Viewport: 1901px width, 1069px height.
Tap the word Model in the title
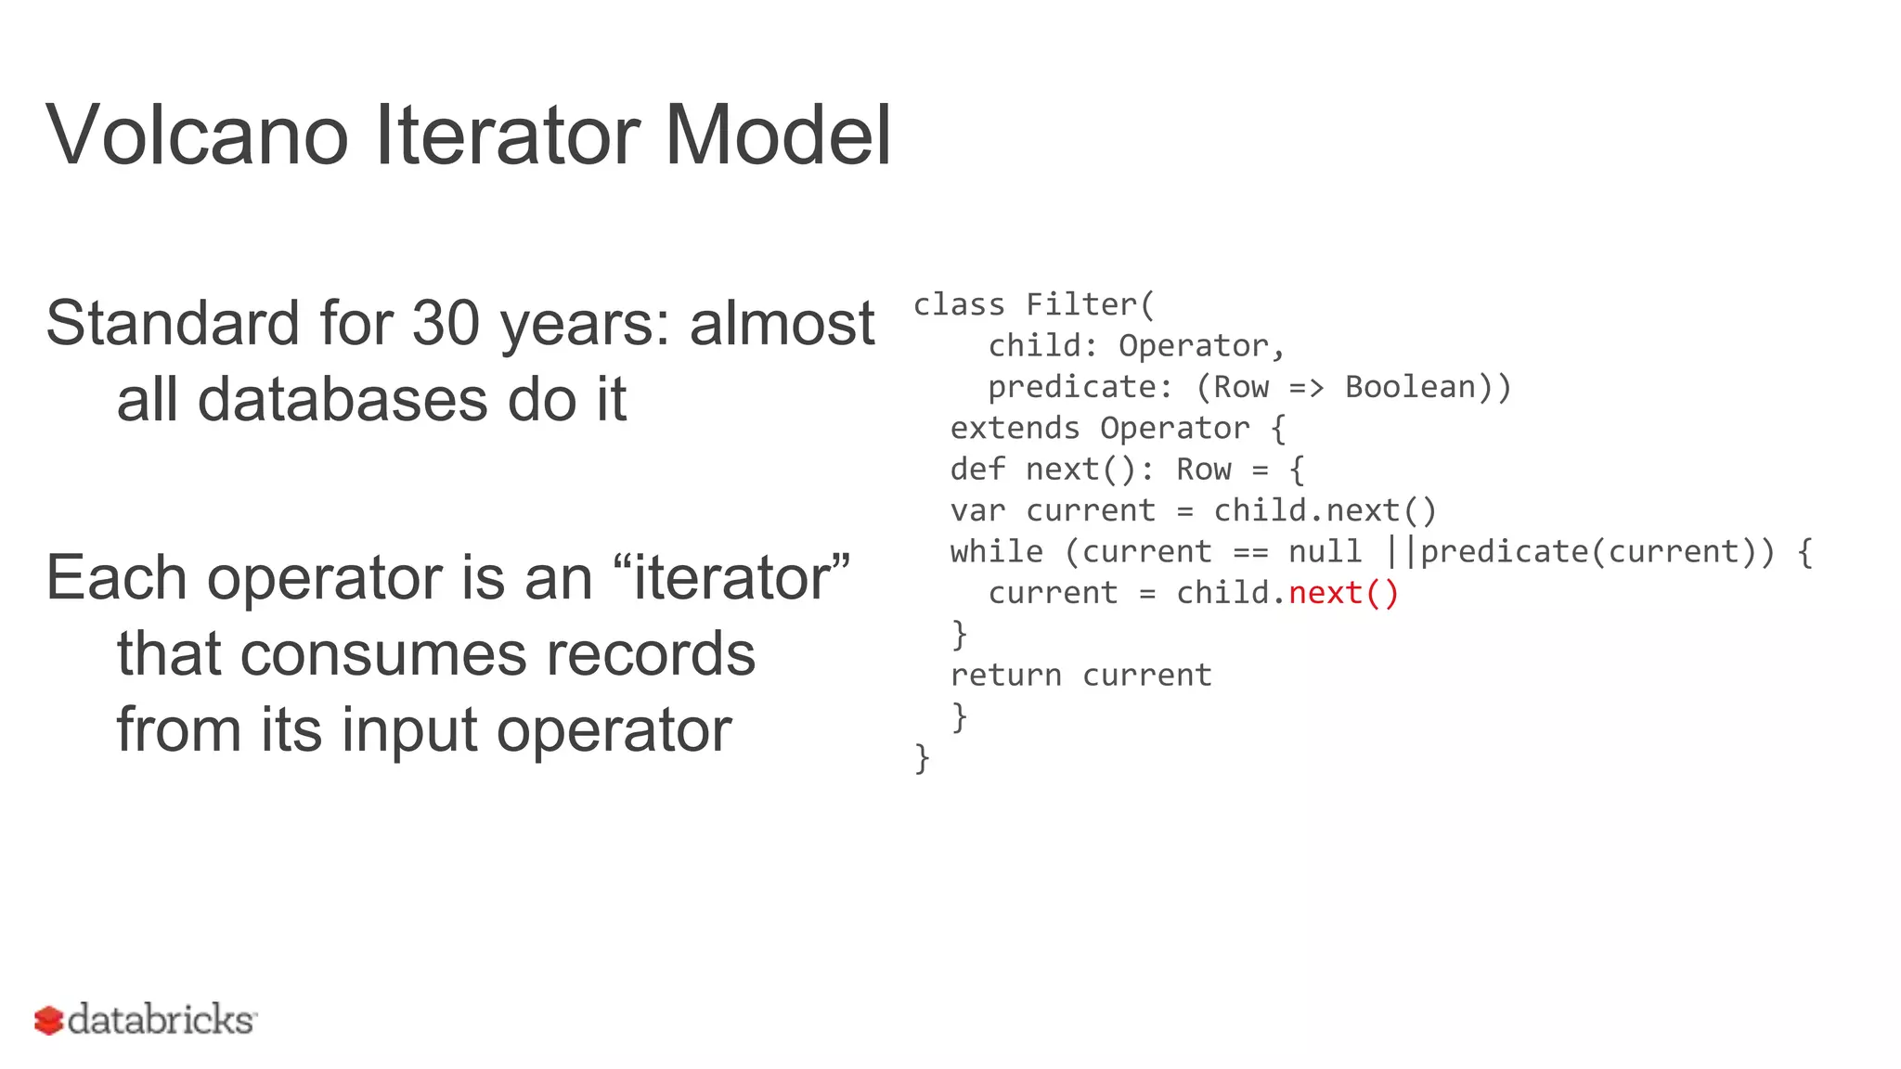pyautogui.click(x=777, y=135)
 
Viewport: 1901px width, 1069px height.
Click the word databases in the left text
pyautogui.click(x=343, y=400)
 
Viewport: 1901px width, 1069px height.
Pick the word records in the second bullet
pyautogui.click(x=650, y=653)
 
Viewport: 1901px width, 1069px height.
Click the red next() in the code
pyautogui.click(x=1343, y=593)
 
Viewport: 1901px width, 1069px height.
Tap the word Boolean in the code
pyautogui.click(x=1410, y=387)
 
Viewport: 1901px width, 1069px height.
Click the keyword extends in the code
pyautogui.click(x=1015, y=429)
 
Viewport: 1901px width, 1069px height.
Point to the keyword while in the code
pyautogui.click(x=996, y=552)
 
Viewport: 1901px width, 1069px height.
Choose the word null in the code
pyautogui.click(x=1325, y=552)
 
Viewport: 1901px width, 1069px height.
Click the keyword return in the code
pyautogui.click(x=1005, y=676)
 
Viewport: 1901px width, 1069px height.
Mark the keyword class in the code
pyautogui.click(x=959, y=304)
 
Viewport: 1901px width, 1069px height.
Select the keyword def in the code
pyautogui.click(x=977, y=470)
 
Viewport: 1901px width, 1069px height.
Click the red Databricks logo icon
pyautogui.click(x=48, y=1021)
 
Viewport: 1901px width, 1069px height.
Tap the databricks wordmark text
pyautogui.click(x=162, y=1020)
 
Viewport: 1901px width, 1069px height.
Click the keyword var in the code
pyautogui.click(x=977, y=511)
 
